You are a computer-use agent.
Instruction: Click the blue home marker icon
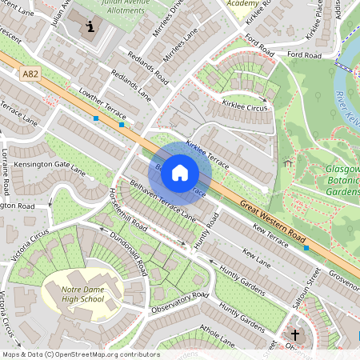click(x=180, y=173)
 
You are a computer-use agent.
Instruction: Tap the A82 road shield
click(x=30, y=74)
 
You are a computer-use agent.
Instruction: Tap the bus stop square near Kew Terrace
click(x=306, y=248)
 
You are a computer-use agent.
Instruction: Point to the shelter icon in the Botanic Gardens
click(x=286, y=162)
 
